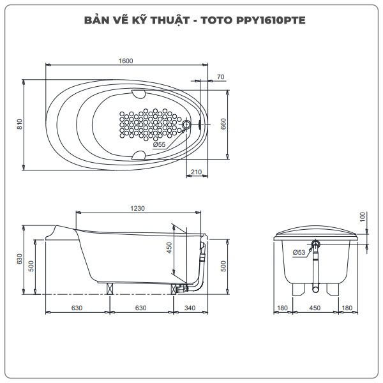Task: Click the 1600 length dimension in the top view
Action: [x=125, y=61]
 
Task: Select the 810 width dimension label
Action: [x=20, y=126]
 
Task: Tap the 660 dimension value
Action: [x=223, y=124]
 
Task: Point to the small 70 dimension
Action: [x=220, y=77]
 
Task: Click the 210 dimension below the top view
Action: [x=196, y=172]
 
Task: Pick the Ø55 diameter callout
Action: [x=159, y=145]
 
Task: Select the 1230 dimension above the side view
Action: [x=138, y=208]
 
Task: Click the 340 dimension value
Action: [x=190, y=308]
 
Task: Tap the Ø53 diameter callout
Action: [x=299, y=253]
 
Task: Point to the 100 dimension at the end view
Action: [x=363, y=217]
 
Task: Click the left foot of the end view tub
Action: [x=298, y=288]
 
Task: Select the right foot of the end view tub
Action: [x=333, y=288]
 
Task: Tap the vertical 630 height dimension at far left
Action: [x=20, y=259]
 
